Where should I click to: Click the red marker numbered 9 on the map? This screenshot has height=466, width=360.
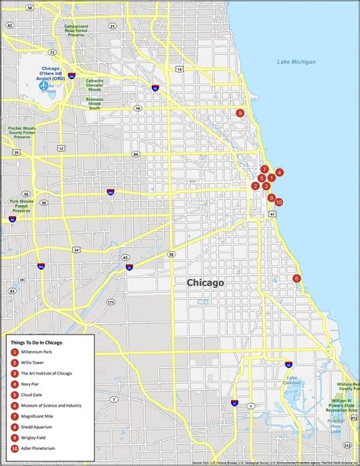tap(240, 113)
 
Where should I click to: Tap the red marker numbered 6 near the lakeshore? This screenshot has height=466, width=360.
tap(296, 278)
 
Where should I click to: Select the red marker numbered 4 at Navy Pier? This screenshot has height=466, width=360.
tap(279, 173)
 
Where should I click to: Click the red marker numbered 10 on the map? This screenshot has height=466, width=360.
tap(279, 202)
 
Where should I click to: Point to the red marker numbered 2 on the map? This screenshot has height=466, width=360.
tap(256, 185)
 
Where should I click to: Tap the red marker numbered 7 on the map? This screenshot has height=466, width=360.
tap(264, 169)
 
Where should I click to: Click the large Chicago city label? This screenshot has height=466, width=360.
tap(205, 283)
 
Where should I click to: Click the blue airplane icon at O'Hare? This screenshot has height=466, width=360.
tap(43, 85)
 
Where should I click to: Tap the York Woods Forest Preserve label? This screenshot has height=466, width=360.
tap(18, 207)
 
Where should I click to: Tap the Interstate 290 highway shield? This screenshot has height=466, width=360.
tap(110, 193)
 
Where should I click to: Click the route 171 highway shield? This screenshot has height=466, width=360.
tap(110, 302)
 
